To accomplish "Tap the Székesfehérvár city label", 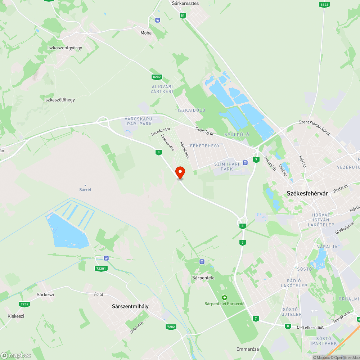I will [307, 193].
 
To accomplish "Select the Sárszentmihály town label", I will [130, 306].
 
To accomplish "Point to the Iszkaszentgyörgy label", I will [65, 48].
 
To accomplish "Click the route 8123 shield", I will [324, 5].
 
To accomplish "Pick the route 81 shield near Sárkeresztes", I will [183, 15].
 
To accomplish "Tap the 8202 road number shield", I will [157, 77].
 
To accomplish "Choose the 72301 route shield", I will [101, 269].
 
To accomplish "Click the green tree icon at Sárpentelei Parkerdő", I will [225, 297].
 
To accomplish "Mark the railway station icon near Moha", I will [157, 20].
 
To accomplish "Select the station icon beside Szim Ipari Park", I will [245, 162].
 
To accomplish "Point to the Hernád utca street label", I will [161, 131].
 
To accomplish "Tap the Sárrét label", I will [85, 189].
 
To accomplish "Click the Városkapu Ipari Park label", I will [138, 121].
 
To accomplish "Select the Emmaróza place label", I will [248, 349].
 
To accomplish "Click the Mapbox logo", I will [16, 355].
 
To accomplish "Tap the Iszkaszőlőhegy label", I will [59, 100].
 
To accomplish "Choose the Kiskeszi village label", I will [16, 316].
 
